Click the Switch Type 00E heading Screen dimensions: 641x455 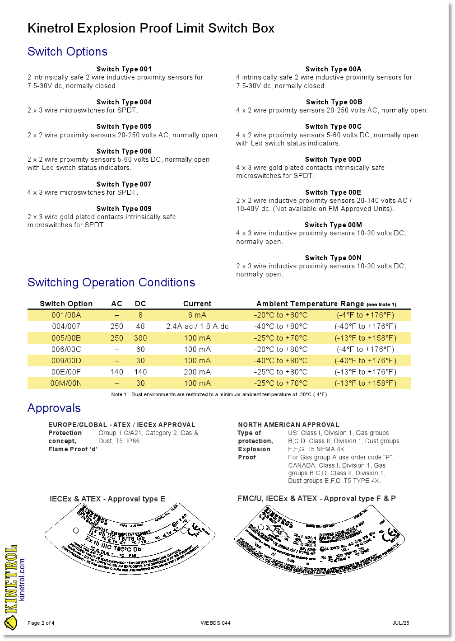(333, 192)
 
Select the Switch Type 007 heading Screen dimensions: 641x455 (124, 184)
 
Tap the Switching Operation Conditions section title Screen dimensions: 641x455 (111, 282)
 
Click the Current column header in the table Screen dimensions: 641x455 (197, 304)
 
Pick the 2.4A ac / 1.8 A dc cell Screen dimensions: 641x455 (197, 326)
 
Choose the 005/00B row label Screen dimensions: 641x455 (66, 338)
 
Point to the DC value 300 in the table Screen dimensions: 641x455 (140, 338)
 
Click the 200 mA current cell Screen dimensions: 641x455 (197, 372)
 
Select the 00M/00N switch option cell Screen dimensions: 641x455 (66, 383)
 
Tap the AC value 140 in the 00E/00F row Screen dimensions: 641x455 (117, 372)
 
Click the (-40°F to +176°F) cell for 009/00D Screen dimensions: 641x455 (365, 360)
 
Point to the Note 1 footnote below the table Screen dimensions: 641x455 (219, 394)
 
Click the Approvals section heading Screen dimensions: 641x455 (54, 408)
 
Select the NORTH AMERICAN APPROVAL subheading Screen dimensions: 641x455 (288, 425)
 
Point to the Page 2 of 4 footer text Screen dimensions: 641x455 (41, 623)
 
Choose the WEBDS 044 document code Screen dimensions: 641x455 (216, 623)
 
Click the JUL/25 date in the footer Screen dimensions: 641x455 (401, 623)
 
